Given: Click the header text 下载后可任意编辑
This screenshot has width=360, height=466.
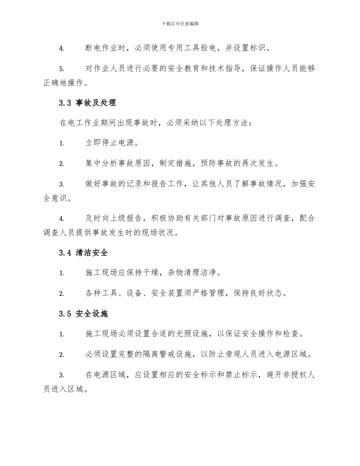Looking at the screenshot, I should (x=180, y=23).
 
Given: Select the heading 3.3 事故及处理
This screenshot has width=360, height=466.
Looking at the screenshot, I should (x=88, y=103).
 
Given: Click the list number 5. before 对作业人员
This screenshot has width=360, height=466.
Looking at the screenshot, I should (x=62, y=69).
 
